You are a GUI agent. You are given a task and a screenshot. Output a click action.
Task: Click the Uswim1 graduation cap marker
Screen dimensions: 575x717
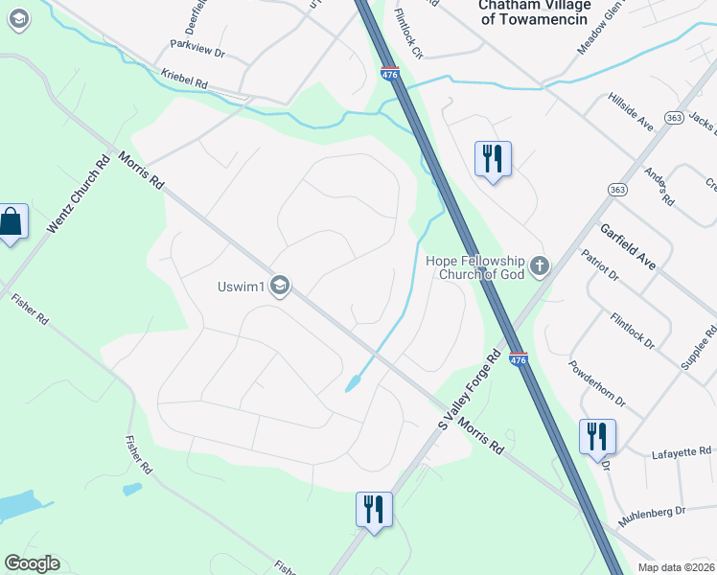280,287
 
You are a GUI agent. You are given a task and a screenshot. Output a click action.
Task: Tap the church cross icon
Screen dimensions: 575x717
540,265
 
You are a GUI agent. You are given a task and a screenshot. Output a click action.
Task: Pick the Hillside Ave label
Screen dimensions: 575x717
631,112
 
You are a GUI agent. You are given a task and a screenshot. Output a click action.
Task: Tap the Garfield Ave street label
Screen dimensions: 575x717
628,246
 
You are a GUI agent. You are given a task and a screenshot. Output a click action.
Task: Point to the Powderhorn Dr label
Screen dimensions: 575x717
596,382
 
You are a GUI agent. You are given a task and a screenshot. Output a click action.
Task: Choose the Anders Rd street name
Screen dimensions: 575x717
659,188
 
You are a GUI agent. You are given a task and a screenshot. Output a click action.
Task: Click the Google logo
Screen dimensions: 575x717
32,563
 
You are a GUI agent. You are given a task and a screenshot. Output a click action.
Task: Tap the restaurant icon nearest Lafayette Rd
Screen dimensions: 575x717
597,436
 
